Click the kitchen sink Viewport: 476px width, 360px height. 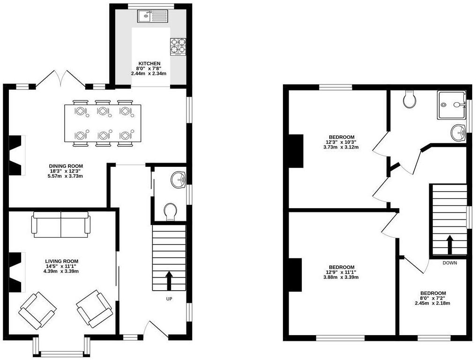[x=152, y=16]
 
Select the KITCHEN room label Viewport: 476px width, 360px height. [x=149, y=63]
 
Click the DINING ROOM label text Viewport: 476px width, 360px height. [x=66, y=166]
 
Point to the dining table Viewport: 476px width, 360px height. [x=102, y=123]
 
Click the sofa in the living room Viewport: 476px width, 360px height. [x=61, y=223]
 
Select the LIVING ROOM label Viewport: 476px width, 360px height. [x=61, y=261]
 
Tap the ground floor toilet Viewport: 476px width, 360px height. [x=170, y=212]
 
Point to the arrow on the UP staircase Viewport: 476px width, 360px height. [x=169, y=280]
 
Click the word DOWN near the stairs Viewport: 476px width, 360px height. [x=449, y=263]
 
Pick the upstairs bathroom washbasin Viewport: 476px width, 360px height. [x=458, y=132]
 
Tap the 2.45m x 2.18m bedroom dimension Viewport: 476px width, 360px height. [x=432, y=303]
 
